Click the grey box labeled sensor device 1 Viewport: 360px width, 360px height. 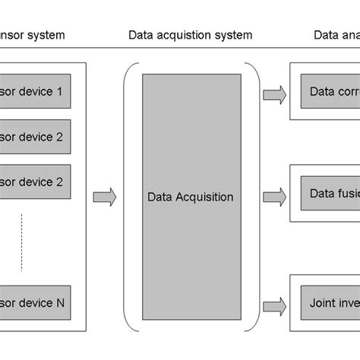coord(35,92)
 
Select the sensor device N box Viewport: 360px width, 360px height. coord(35,302)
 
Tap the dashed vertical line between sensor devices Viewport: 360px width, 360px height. coord(21,241)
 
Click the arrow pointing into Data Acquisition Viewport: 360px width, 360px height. coord(104,197)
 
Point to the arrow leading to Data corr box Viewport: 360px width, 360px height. coord(274,94)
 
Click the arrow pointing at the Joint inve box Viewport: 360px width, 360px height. coord(274,305)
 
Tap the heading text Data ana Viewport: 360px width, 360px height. coord(336,35)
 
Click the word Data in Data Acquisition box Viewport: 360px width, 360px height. coord(159,197)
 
